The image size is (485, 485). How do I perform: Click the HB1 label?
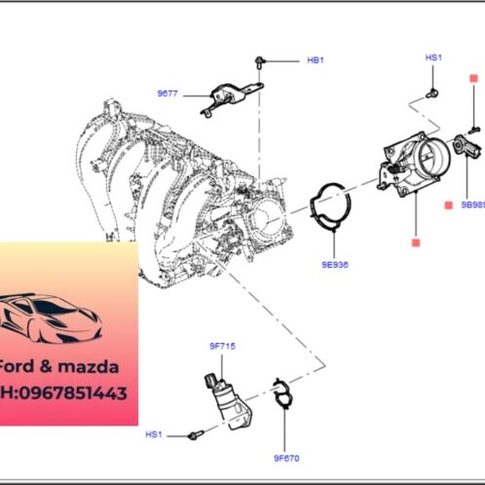[x=315, y=60]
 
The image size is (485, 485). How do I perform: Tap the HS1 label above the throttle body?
[x=433, y=58]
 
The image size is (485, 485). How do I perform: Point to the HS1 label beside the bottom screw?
[x=154, y=433]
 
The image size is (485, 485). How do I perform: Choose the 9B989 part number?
[x=472, y=205]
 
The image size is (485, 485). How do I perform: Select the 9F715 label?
[x=222, y=346]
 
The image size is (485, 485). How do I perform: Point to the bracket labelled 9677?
[x=232, y=96]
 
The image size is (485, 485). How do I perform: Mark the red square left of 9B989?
[x=447, y=205]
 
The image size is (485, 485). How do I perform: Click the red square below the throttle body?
[x=414, y=240]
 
